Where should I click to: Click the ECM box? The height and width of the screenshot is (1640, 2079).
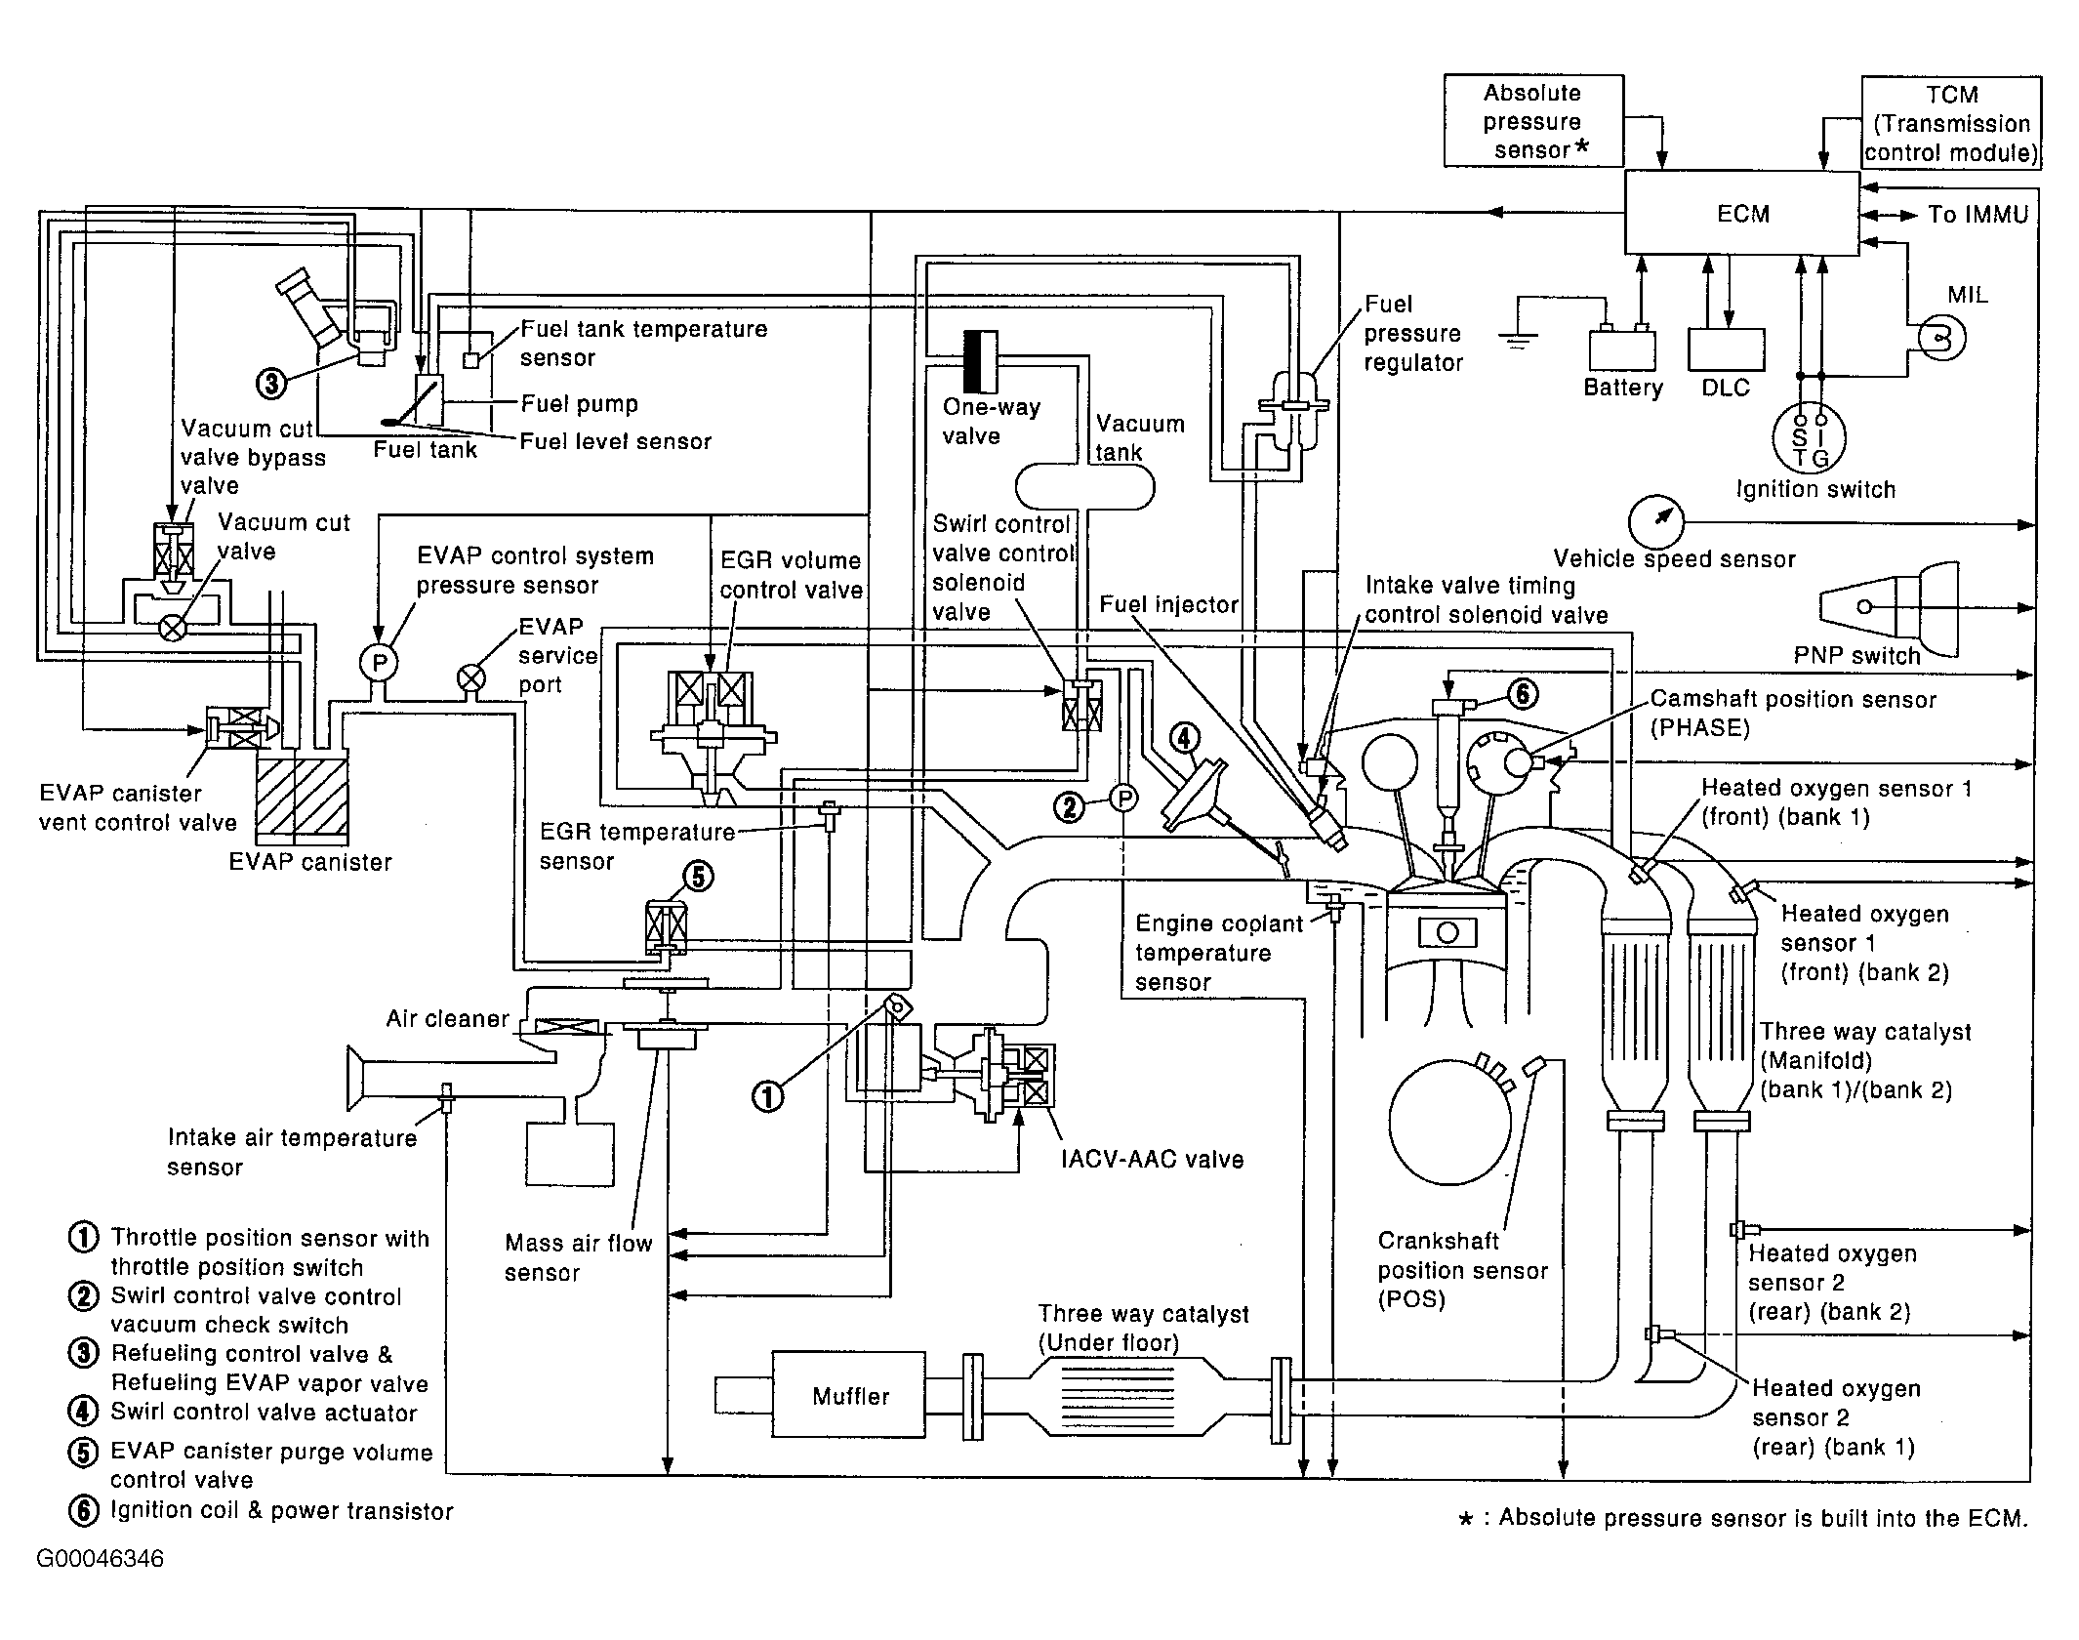[x=1741, y=214]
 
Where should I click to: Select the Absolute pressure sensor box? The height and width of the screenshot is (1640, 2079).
[x=1532, y=121]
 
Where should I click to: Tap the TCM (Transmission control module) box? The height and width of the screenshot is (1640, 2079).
[x=1950, y=124]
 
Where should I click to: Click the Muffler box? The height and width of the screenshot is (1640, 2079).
[x=849, y=1396]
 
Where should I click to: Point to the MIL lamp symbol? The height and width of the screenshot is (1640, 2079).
[x=1940, y=338]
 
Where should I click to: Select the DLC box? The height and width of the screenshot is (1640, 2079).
[x=1726, y=349]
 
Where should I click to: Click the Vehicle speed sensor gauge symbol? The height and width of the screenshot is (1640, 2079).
[x=1656, y=522]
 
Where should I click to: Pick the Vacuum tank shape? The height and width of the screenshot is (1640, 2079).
[x=1084, y=486]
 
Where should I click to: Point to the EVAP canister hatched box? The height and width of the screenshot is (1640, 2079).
[x=302, y=796]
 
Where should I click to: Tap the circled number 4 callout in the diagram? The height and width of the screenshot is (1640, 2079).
[x=1184, y=739]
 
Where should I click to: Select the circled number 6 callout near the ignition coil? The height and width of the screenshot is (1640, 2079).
[x=1523, y=694]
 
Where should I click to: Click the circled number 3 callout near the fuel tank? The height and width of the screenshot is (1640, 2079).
[x=271, y=384]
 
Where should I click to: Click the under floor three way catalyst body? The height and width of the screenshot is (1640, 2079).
[x=1115, y=1396]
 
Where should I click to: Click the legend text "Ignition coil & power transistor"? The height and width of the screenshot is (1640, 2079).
[x=281, y=1511]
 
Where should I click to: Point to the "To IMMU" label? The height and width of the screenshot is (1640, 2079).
[x=1977, y=215]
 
